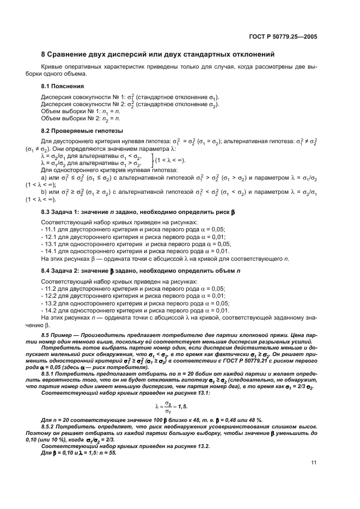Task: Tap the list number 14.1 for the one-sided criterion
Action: (50, 250)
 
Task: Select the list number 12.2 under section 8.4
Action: (50, 296)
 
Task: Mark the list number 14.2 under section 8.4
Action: (50, 310)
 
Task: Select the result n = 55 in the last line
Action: (106, 453)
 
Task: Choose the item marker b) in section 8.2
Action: (44, 191)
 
